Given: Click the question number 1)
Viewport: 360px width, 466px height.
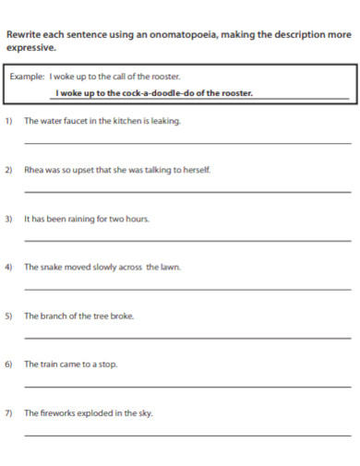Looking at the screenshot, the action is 9,121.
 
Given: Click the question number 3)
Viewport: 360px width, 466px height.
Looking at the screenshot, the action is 9,219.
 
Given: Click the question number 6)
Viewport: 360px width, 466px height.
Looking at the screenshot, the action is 9,364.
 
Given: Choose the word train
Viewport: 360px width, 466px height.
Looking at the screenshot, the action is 51,364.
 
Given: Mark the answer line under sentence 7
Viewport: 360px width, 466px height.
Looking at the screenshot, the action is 187,436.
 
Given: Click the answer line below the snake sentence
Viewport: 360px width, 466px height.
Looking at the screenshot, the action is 187,290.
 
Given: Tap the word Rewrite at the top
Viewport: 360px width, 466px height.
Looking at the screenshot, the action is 26,35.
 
